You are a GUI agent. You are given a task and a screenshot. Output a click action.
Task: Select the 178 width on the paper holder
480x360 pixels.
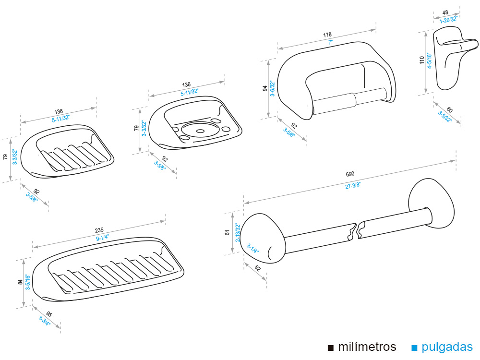[x=327, y=35]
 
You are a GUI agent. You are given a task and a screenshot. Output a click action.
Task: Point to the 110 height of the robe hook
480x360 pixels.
[x=422, y=60]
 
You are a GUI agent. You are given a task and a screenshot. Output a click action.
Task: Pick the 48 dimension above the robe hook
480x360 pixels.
[x=445, y=13]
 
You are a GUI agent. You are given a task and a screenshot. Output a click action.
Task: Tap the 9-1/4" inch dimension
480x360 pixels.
[x=102, y=238]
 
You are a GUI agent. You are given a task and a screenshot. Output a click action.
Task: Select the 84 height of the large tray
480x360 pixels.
[x=20, y=283]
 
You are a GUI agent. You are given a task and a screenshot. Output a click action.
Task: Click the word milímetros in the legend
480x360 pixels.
[x=367, y=347]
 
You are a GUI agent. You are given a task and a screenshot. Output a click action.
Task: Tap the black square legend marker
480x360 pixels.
[x=330, y=348]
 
